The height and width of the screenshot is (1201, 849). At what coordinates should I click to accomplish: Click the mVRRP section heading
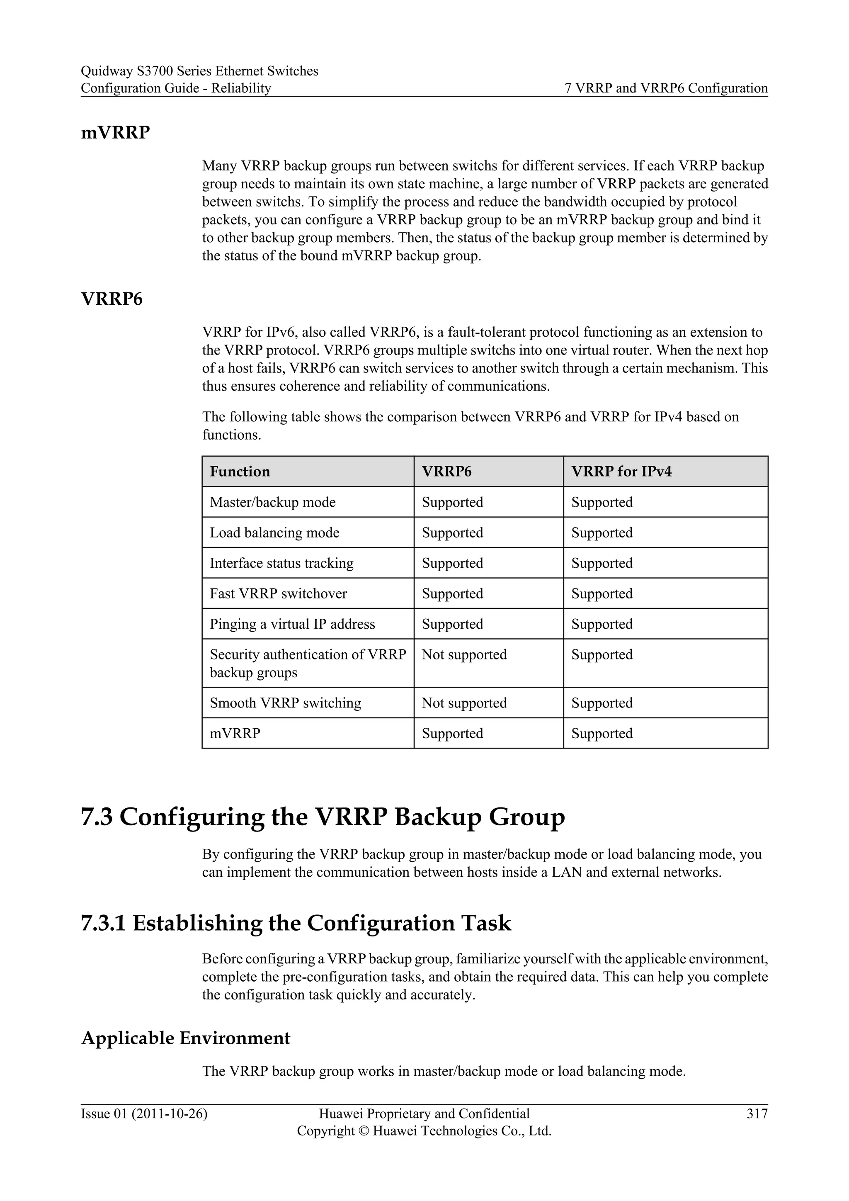pos(115,133)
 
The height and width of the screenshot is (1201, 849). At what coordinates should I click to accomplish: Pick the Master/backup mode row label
pos(272,502)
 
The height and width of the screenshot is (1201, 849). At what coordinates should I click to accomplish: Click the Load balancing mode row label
pos(274,532)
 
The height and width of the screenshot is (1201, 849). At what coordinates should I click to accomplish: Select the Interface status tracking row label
pos(281,563)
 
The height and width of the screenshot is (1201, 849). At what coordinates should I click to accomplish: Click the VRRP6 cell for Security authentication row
pos(464,654)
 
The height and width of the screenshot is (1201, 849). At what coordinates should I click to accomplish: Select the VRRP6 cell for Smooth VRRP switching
pos(464,703)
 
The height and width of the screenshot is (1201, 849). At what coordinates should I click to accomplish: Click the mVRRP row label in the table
pos(235,733)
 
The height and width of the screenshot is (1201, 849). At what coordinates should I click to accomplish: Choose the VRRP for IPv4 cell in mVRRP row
pos(602,733)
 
